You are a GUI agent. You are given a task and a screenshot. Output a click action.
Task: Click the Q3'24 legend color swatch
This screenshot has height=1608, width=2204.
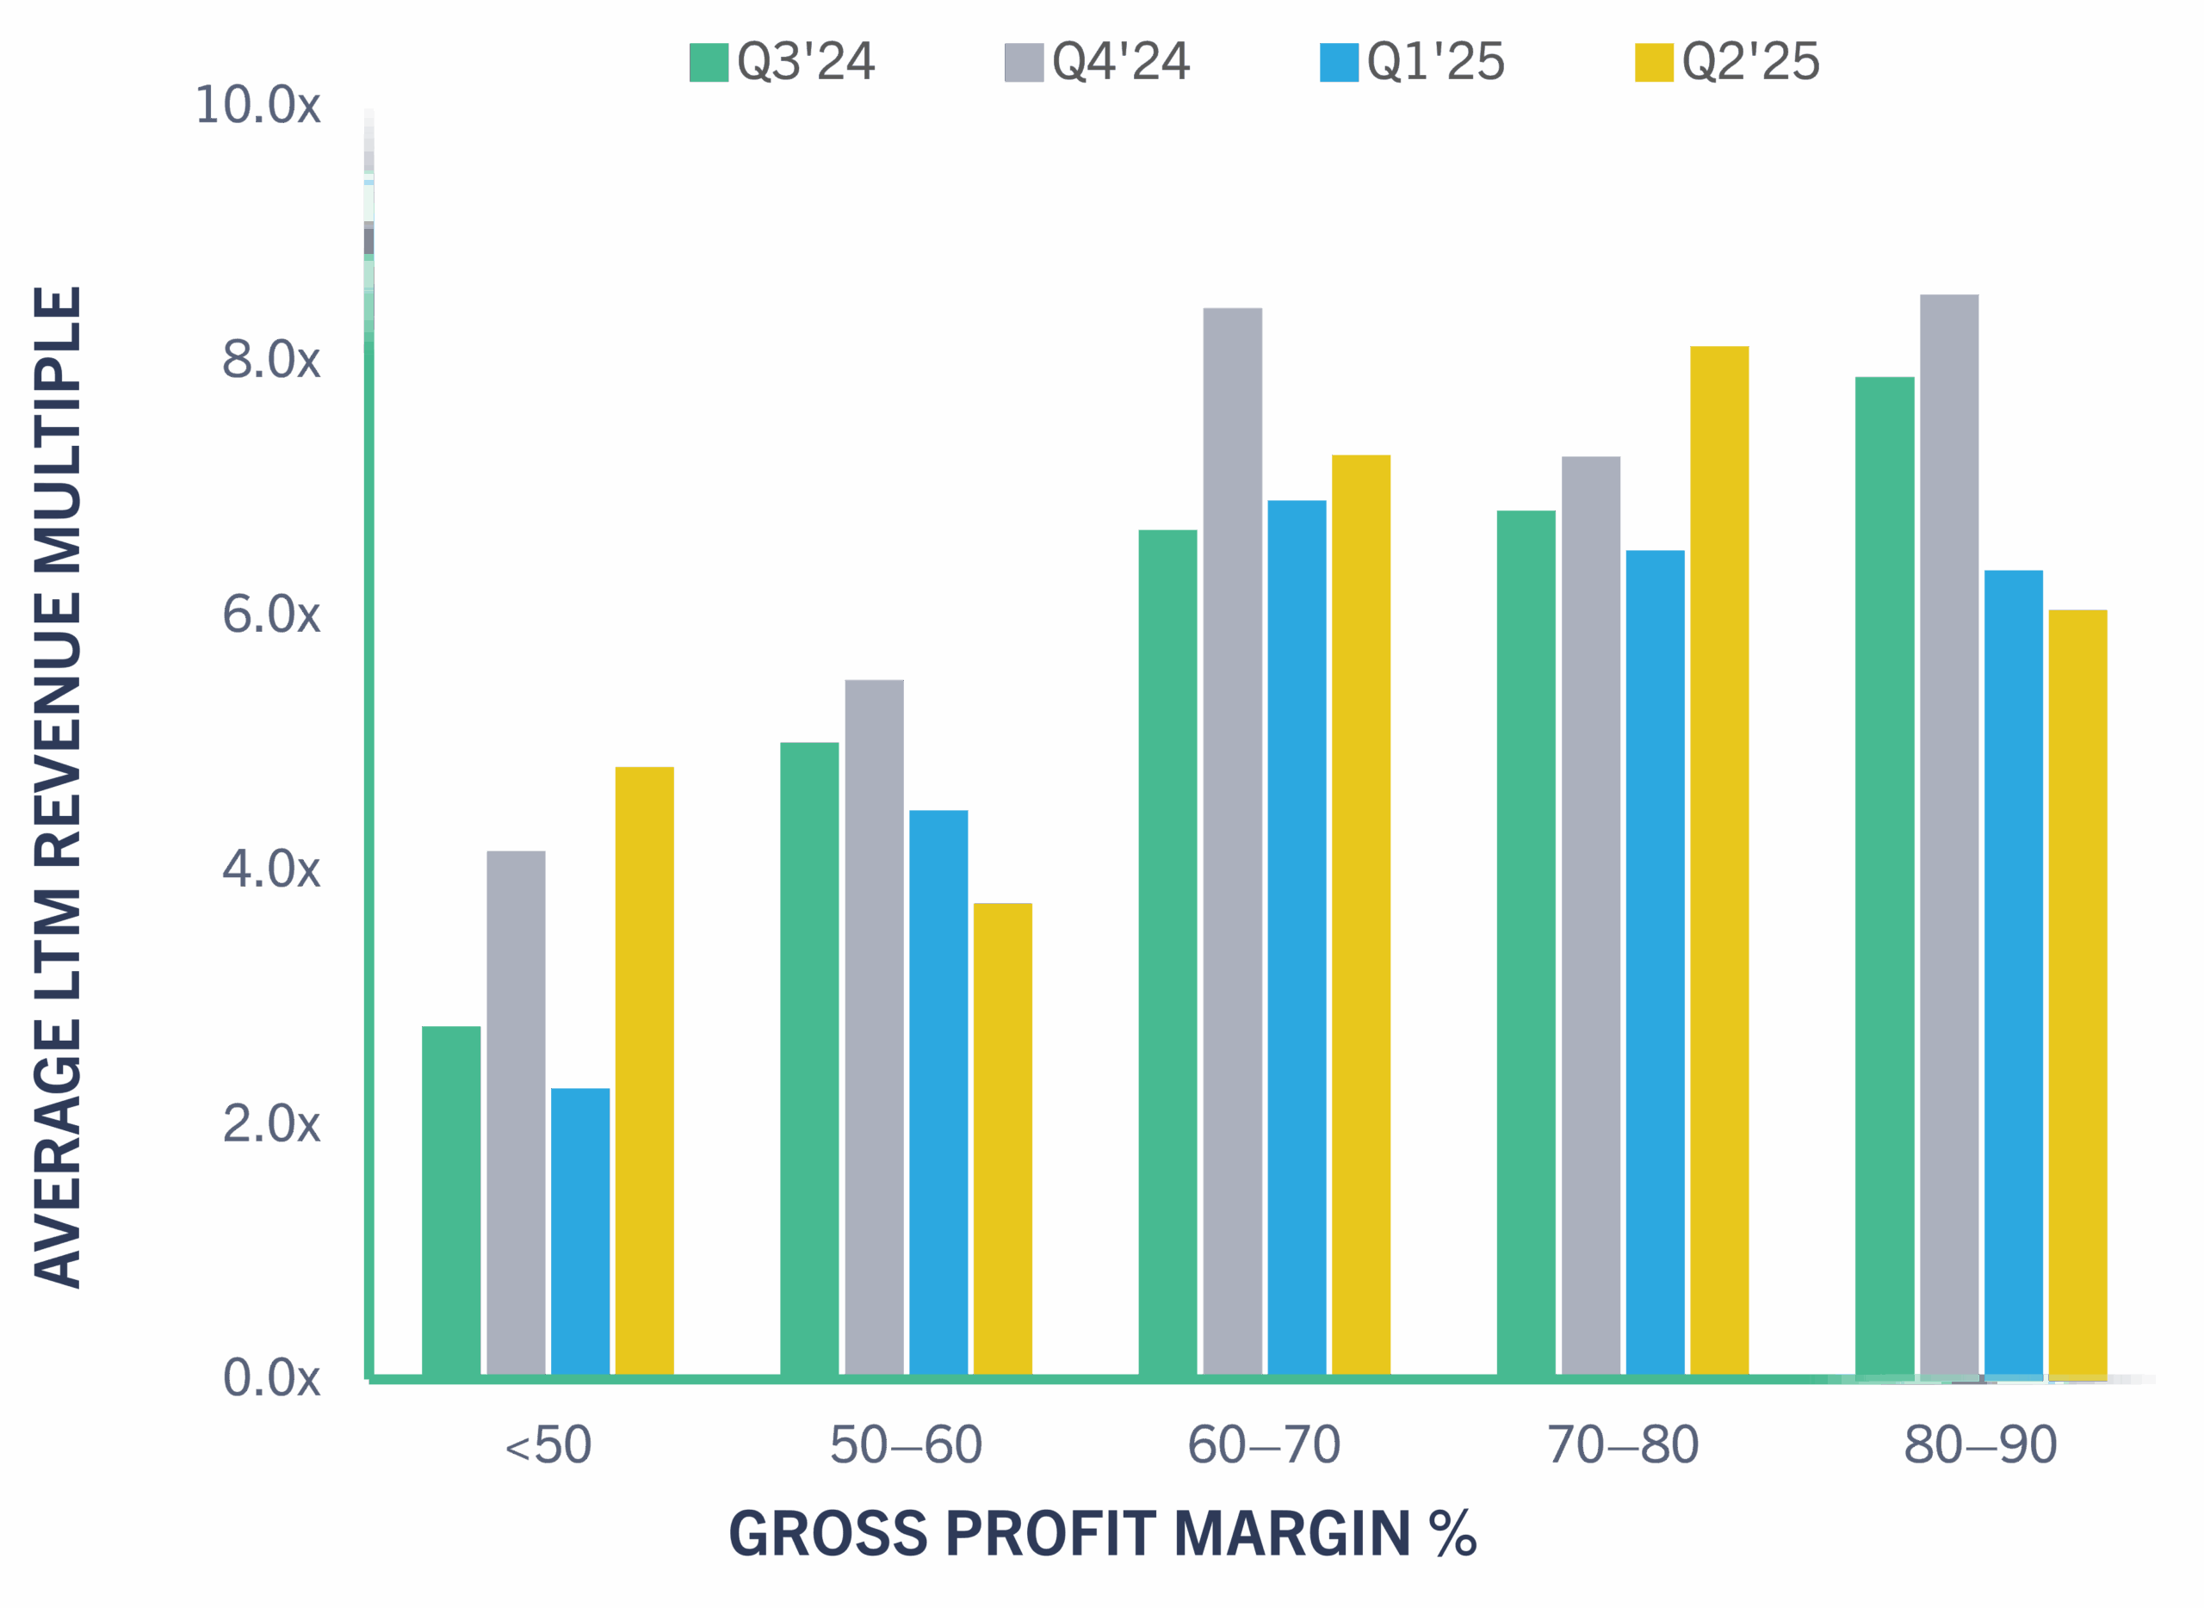click(x=709, y=62)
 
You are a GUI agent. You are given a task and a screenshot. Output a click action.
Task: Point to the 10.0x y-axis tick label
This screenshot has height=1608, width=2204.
click(x=258, y=105)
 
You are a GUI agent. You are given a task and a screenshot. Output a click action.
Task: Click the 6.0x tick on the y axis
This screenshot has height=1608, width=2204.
click(x=270, y=615)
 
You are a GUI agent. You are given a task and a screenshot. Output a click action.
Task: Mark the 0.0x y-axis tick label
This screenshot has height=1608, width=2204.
click(x=270, y=1378)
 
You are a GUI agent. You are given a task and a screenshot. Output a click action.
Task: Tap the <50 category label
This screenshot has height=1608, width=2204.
click(x=548, y=1445)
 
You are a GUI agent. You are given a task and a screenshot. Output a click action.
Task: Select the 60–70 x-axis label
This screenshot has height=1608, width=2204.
click(x=1264, y=1445)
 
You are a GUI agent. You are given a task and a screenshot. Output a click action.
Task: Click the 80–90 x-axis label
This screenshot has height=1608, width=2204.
click(x=1980, y=1445)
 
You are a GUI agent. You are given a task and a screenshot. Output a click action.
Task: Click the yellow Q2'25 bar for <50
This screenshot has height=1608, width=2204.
click(x=645, y=1071)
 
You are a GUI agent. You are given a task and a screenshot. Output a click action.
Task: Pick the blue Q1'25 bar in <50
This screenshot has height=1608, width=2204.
click(x=580, y=1231)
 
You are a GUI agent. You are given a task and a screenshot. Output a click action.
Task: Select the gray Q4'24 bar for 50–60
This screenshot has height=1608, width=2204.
click(x=874, y=1027)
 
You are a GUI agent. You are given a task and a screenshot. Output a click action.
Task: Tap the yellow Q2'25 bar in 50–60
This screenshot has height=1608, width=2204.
click(x=1003, y=1139)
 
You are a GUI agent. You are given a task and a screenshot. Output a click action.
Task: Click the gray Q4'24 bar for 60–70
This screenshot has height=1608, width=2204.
click(x=1233, y=842)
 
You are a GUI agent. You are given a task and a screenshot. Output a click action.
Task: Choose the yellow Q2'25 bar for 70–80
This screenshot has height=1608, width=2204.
click(x=1719, y=861)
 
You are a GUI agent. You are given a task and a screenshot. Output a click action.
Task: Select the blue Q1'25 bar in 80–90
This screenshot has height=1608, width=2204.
click(x=2013, y=974)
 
